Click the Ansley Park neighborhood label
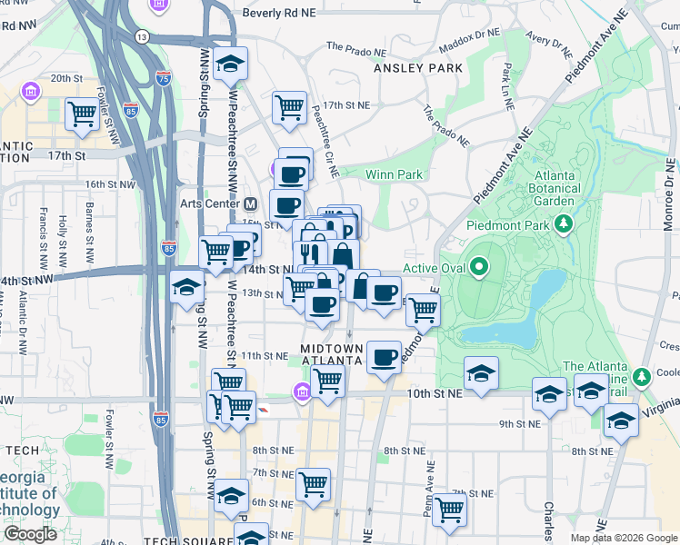(418, 68)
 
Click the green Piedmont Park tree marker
(564, 223)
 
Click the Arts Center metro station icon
(251, 203)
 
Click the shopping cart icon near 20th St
(82, 114)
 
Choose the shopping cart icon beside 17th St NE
(289, 106)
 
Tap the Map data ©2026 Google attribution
(624, 538)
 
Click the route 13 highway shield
(142, 36)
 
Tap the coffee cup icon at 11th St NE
(385, 355)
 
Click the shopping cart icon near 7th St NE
(448, 510)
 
